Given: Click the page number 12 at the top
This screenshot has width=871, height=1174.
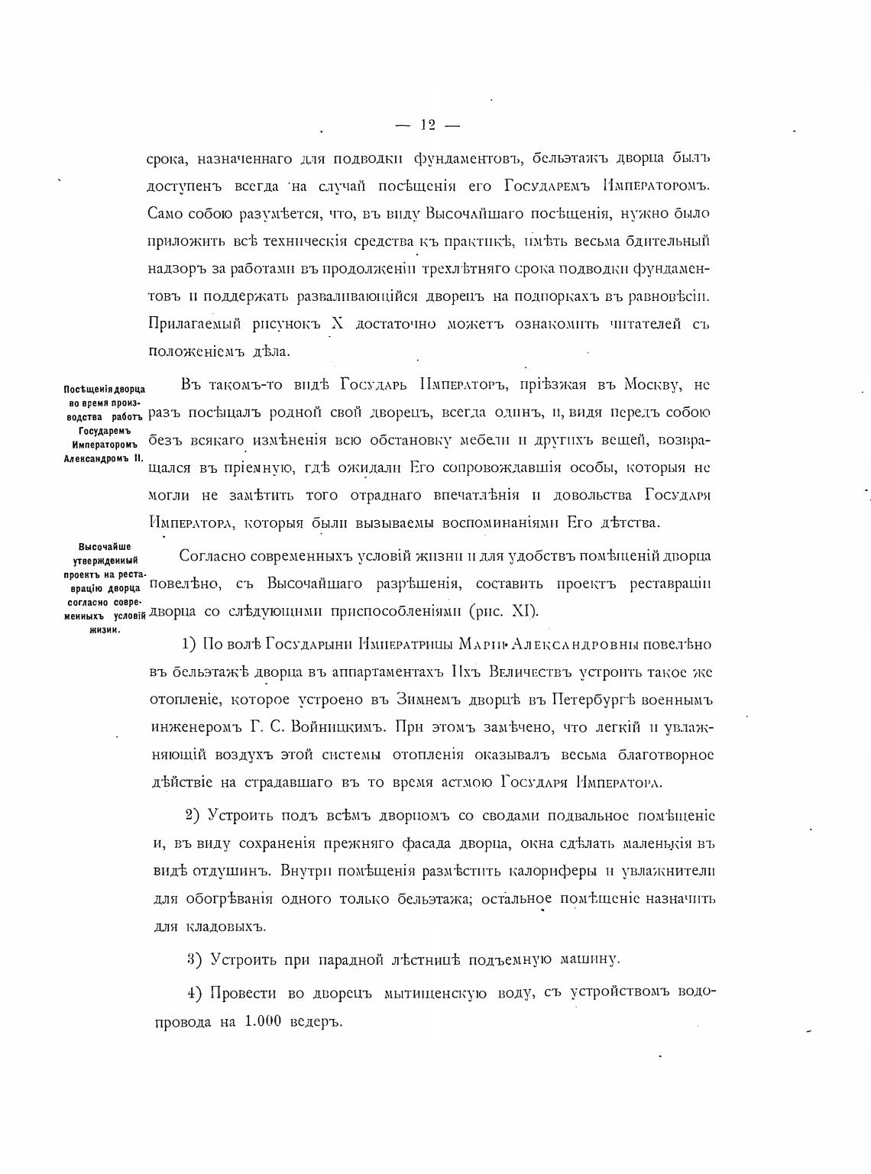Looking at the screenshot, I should pyautogui.click(x=427, y=126).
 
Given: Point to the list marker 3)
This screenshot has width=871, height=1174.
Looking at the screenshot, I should pyautogui.click(x=195, y=959).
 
